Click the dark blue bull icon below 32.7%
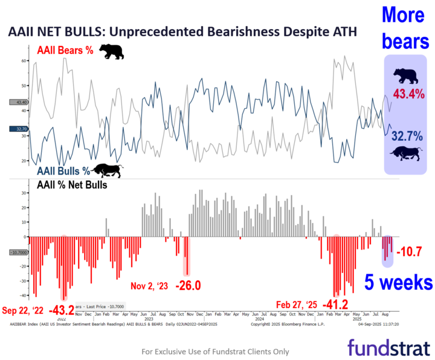pyautogui.click(x=405, y=153)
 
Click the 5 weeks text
pyautogui.click(x=398, y=282)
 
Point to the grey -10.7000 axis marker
pyautogui.click(x=19, y=252)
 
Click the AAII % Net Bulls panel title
pyautogui.click(x=72, y=185)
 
